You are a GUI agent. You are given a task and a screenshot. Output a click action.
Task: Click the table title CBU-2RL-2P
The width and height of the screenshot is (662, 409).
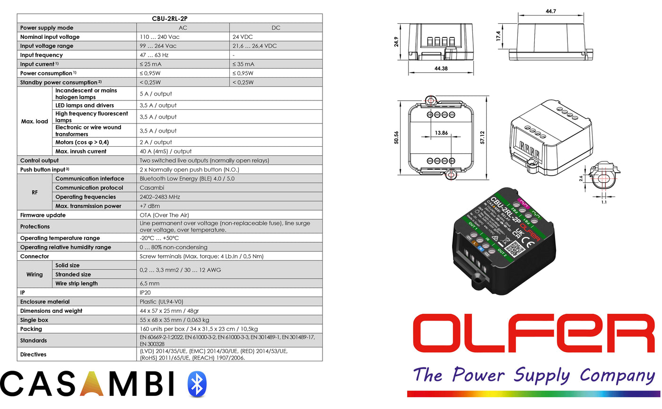(x=169, y=18)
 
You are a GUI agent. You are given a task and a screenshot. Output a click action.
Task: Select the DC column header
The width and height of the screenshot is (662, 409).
(x=276, y=28)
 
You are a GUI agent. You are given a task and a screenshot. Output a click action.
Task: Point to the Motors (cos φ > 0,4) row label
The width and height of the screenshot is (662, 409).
(x=80, y=142)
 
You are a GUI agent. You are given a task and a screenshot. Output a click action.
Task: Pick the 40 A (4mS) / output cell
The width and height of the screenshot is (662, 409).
(x=165, y=151)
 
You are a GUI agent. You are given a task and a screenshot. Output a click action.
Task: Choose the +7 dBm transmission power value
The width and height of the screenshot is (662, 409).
(x=150, y=206)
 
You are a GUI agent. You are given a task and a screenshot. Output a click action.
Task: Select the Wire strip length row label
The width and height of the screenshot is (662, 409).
(x=77, y=284)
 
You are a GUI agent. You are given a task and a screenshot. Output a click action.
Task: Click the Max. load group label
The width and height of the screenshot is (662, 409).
(x=35, y=122)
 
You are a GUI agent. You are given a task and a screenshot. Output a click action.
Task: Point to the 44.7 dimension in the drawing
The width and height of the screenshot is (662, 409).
(x=550, y=12)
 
